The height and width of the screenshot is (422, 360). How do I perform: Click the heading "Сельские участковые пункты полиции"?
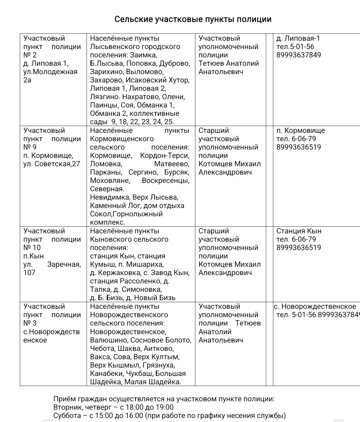point(193,19)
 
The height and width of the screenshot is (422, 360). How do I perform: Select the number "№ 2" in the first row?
point(30,55)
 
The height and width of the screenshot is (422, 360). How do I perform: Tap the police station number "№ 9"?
point(30,147)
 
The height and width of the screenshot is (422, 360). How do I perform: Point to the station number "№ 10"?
point(32,248)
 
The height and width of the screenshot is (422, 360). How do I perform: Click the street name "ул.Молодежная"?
point(50,72)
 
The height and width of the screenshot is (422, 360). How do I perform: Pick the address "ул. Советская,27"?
point(52,164)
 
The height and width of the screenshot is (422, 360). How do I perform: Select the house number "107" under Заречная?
point(29,273)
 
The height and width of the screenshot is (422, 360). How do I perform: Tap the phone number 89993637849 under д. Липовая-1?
point(299,55)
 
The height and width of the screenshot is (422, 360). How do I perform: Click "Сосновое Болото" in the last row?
point(160,340)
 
